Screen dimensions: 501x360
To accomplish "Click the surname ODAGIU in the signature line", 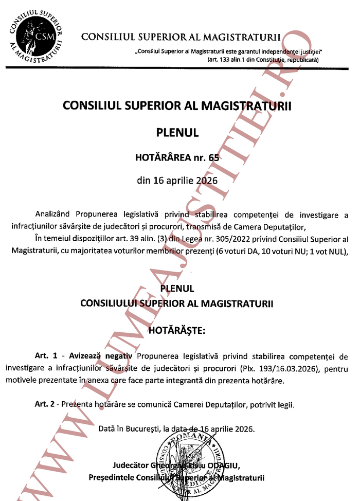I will click(225, 467).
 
